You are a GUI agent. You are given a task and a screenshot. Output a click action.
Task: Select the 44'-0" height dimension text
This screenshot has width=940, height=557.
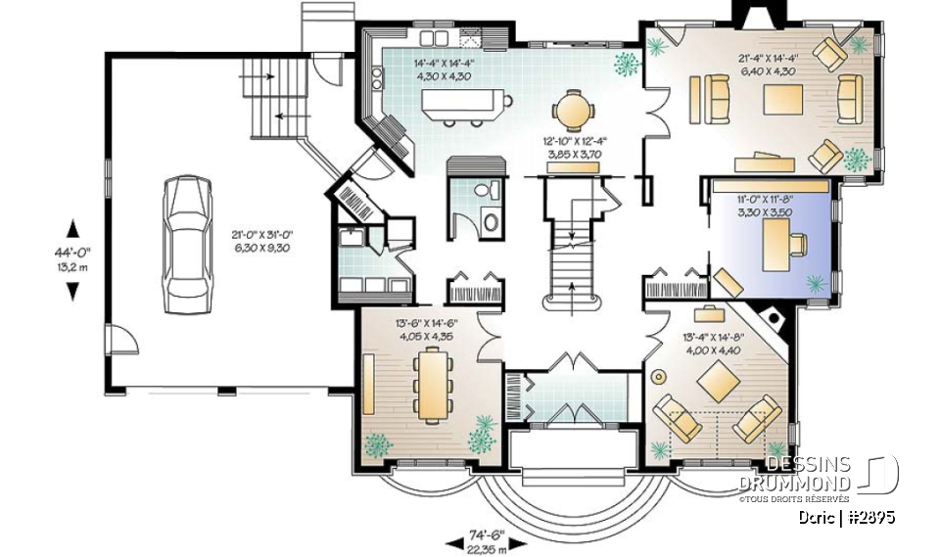[x=71, y=256]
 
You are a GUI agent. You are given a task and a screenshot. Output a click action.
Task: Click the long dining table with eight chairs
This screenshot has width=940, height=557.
[x=431, y=385]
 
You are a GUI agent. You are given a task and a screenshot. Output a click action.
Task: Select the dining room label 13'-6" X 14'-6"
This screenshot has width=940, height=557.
[x=428, y=330]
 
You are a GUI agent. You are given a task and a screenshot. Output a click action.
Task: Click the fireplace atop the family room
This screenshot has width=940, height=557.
[x=757, y=14]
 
